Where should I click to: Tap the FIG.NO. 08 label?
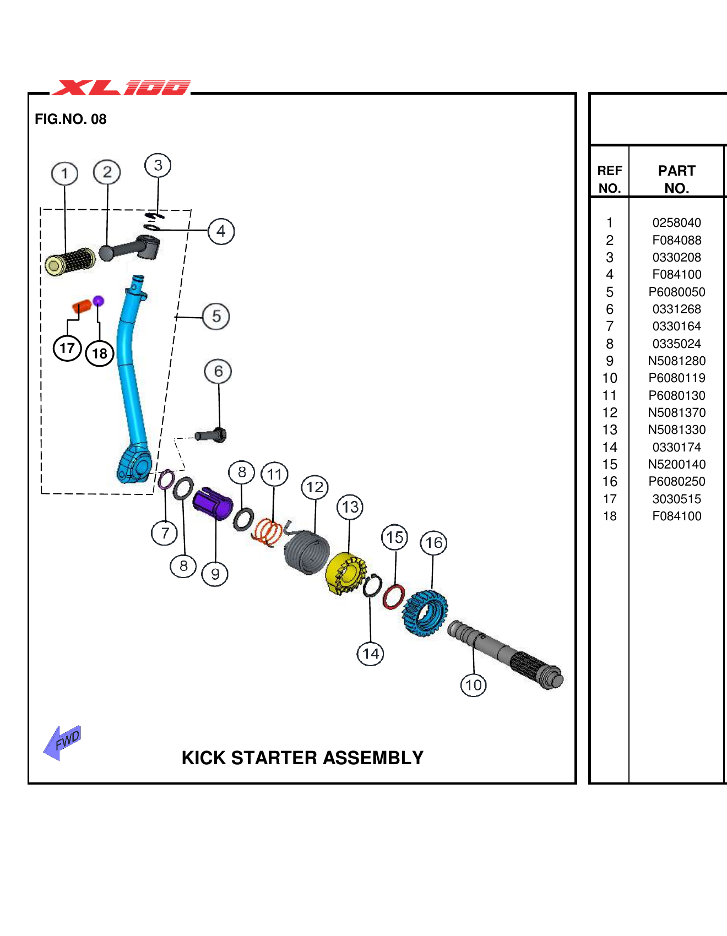coord(70,119)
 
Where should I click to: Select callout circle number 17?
coord(67,348)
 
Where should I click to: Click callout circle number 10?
coord(473,685)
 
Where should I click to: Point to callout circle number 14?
coord(370,654)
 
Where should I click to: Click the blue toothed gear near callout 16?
coord(425,613)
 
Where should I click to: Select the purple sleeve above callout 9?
coord(213,503)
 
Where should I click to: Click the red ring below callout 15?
coord(393,597)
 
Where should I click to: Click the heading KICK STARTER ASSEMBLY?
coord(302,758)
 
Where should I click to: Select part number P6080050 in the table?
coord(676,292)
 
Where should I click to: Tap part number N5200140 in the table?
coord(676,464)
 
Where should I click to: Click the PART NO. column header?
coord(676,179)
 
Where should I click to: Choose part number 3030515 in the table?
coord(676,499)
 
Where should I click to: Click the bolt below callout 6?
coord(211,436)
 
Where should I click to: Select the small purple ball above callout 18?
coord(99,301)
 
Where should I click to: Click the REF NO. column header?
coord(609,179)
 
